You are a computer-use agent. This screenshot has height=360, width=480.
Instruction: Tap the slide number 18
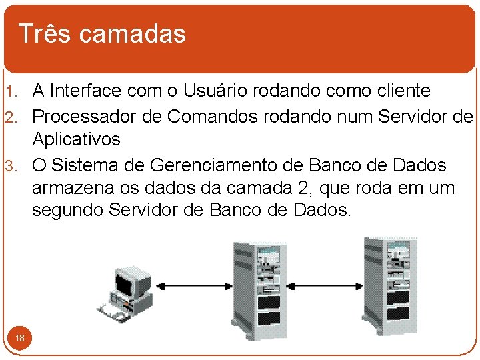click(20, 338)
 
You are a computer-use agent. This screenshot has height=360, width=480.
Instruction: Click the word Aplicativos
click(76, 140)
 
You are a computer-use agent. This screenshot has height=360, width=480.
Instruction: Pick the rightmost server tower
click(387, 283)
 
